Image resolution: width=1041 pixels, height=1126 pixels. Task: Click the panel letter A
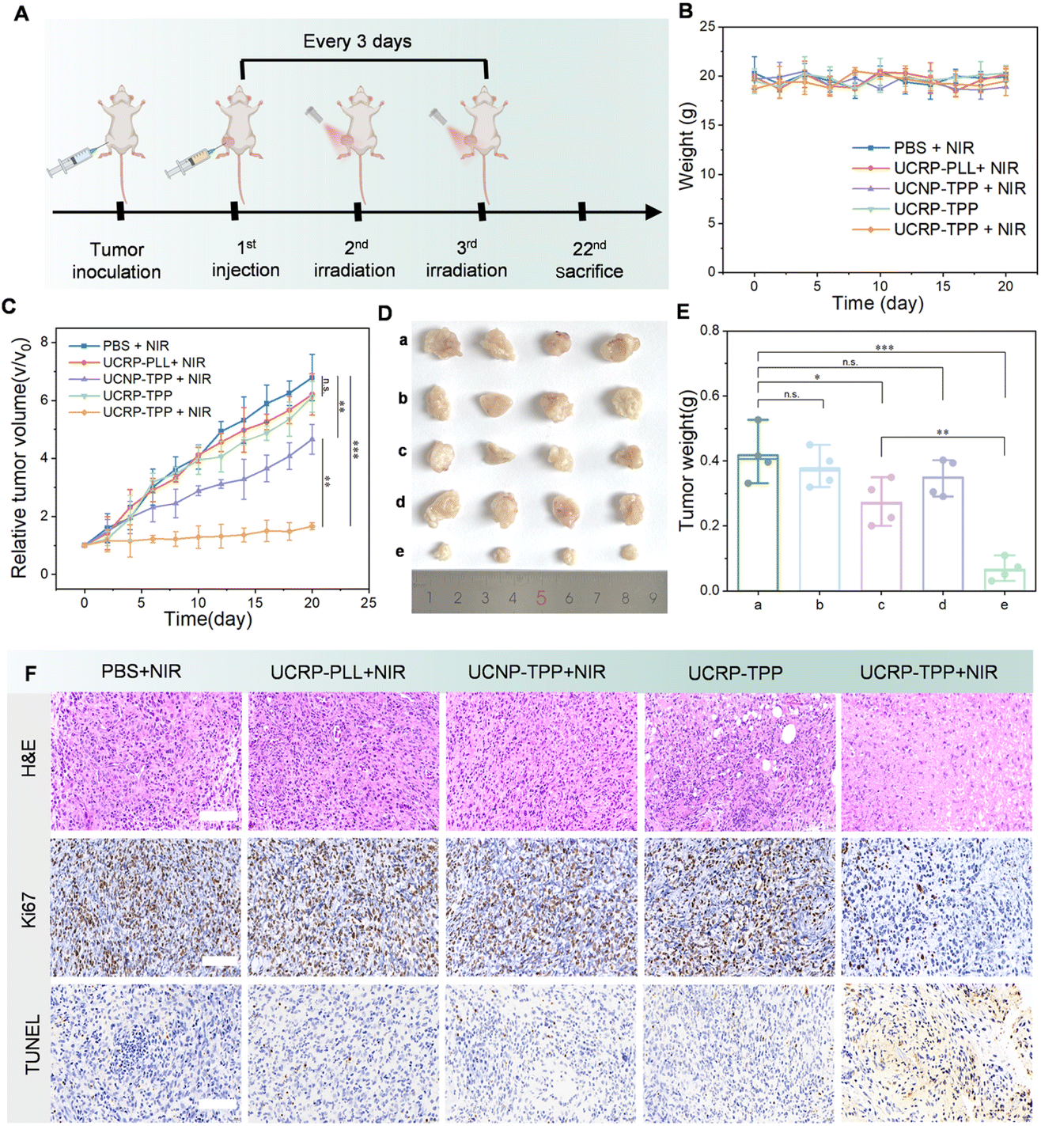21,13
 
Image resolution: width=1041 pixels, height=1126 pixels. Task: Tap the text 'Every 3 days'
358,41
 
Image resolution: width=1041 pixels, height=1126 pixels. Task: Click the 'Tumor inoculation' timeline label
116,260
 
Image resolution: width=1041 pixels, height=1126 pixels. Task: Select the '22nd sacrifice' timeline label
589,260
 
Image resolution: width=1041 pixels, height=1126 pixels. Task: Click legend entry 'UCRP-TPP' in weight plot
936,209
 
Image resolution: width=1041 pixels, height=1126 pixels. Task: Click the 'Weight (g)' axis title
686,146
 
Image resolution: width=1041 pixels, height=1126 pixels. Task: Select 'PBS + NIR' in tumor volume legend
135,346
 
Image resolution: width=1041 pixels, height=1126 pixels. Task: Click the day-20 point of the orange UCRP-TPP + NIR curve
312,526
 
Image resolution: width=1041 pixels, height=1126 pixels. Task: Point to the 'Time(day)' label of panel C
208,619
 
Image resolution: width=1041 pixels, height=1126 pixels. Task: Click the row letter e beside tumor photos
400,551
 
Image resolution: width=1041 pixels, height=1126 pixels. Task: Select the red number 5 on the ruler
541,598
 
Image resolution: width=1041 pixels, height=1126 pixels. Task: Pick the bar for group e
1005,579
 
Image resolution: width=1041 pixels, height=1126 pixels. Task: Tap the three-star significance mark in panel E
884,347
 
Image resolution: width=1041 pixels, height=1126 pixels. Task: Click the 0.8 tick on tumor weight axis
710,331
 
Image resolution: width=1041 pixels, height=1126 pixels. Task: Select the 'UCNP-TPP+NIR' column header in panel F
536,672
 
